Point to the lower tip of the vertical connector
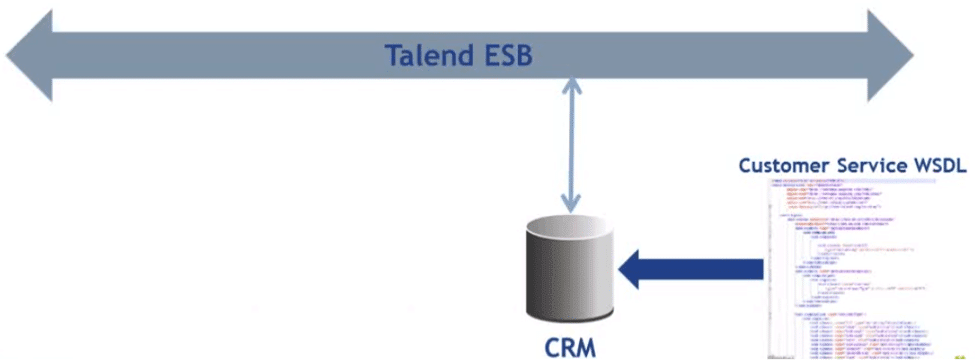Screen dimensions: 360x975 570,206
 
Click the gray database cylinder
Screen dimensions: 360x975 569,270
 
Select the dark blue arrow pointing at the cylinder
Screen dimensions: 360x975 690,269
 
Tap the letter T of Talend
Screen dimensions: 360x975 394,55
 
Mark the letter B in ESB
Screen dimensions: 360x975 523,55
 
